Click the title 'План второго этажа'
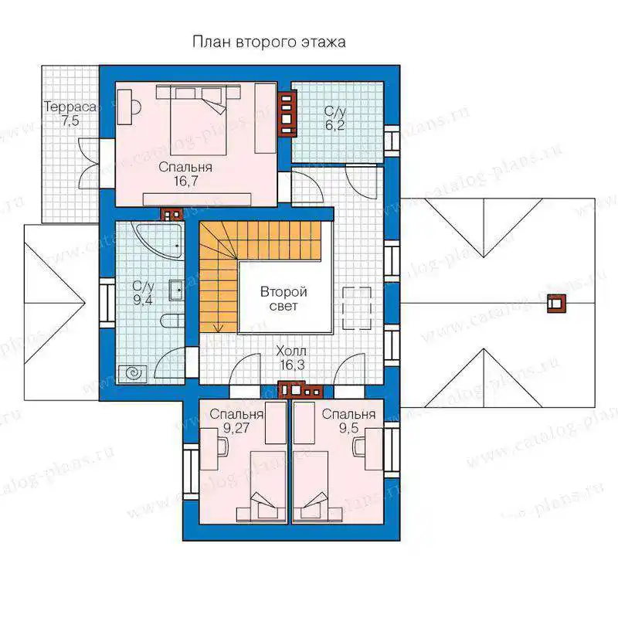tap(269, 42)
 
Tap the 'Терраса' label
tap(70, 107)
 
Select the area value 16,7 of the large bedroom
tap(185, 182)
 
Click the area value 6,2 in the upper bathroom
tap(335, 125)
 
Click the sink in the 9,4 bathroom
tap(176, 290)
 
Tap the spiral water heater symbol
tap(132, 372)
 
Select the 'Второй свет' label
tap(284, 299)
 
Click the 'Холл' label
tap(291, 351)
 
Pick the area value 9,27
tap(236, 428)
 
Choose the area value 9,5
tap(349, 428)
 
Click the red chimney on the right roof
tap(556, 304)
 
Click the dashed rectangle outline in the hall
tap(357, 308)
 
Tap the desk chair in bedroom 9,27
tap(223, 448)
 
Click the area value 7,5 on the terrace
tap(70, 121)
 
